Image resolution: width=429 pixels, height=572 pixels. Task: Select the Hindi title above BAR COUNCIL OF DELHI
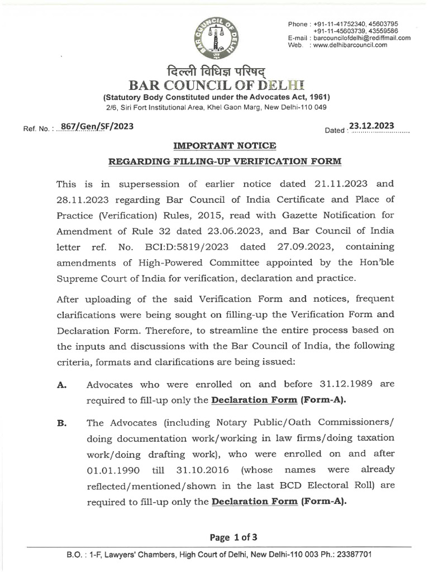[x=216, y=71]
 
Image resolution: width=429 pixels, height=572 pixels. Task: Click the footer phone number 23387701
[x=351, y=555]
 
